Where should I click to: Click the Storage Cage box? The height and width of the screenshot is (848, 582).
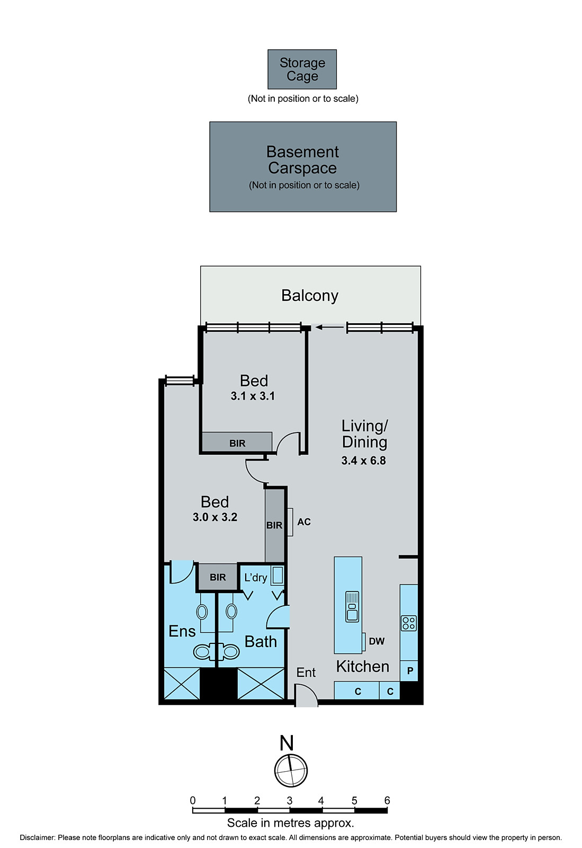(302, 69)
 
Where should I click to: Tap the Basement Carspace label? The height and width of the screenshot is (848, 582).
(302, 160)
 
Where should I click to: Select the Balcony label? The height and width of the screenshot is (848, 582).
(310, 296)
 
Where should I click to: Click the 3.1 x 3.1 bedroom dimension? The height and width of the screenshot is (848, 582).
(253, 396)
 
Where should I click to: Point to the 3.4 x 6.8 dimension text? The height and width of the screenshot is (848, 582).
(363, 461)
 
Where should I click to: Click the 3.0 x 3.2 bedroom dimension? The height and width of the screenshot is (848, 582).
(215, 517)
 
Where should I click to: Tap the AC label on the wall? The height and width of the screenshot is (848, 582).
(304, 522)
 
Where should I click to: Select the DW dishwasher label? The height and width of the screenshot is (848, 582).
(377, 641)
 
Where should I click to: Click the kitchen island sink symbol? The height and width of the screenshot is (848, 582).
(352, 606)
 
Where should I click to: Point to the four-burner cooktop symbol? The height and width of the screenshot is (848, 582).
(409, 623)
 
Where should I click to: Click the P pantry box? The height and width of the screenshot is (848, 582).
(410, 671)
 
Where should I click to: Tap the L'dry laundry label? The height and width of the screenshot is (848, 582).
(256, 578)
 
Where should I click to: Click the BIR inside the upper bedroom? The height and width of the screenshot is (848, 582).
(237, 443)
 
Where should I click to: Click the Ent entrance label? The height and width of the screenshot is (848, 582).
(306, 673)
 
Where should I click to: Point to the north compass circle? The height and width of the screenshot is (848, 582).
(291, 770)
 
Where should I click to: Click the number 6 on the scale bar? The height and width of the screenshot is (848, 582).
(387, 800)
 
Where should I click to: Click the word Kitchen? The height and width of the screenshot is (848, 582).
(363, 667)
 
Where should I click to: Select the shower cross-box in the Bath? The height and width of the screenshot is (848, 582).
(261, 684)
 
